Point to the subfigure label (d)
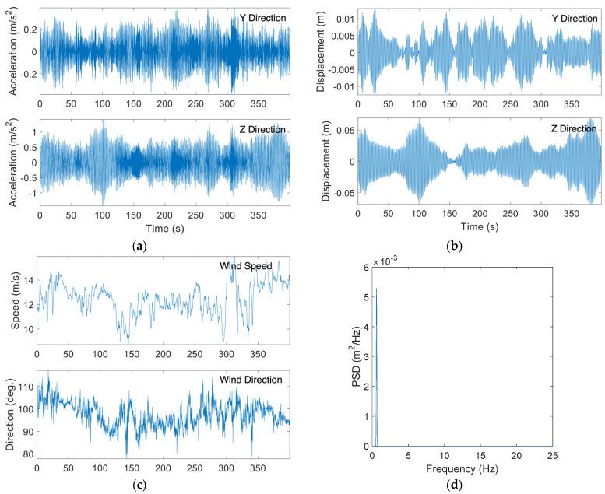click(x=462, y=486)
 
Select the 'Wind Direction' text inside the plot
click(x=255, y=379)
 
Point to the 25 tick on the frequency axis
click(x=551, y=457)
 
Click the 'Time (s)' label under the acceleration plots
click(x=164, y=227)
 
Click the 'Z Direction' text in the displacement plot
click(x=574, y=128)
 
